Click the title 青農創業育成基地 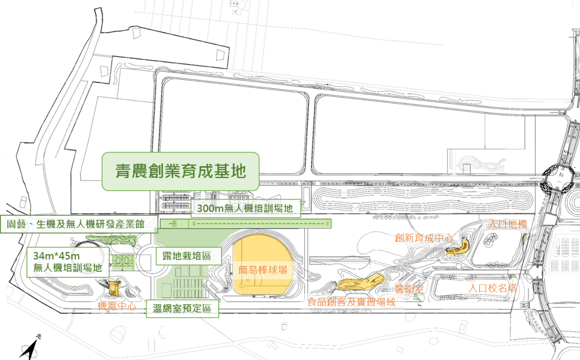(x=180, y=171)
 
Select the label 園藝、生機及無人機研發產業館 (x=79, y=224)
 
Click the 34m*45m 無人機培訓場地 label (x=67, y=262)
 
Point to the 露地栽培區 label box (x=188, y=256)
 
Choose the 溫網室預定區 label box (x=182, y=309)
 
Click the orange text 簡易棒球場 (x=263, y=270)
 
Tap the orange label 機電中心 (x=117, y=306)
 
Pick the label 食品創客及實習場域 (x=351, y=302)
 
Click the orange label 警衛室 (x=410, y=289)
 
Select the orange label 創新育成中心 (x=424, y=238)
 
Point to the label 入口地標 (x=507, y=225)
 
